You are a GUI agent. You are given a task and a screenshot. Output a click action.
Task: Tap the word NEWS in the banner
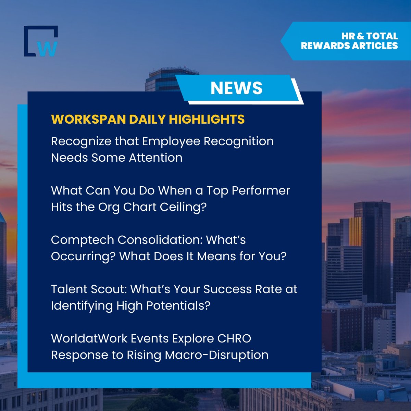click(x=236, y=88)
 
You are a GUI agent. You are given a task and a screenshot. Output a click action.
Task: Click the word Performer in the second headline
click(x=261, y=190)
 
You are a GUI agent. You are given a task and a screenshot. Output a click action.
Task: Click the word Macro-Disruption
click(x=217, y=355)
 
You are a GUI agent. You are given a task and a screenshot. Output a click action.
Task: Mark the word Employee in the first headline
click(x=171, y=141)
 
